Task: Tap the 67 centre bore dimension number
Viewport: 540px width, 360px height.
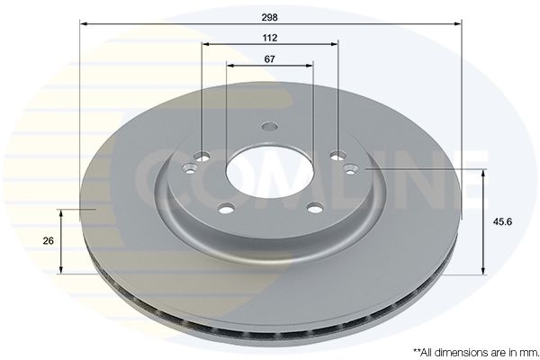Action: point(270,58)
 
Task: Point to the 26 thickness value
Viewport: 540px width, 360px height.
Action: point(48,240)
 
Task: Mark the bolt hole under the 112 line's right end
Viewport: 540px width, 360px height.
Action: point(337,154)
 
